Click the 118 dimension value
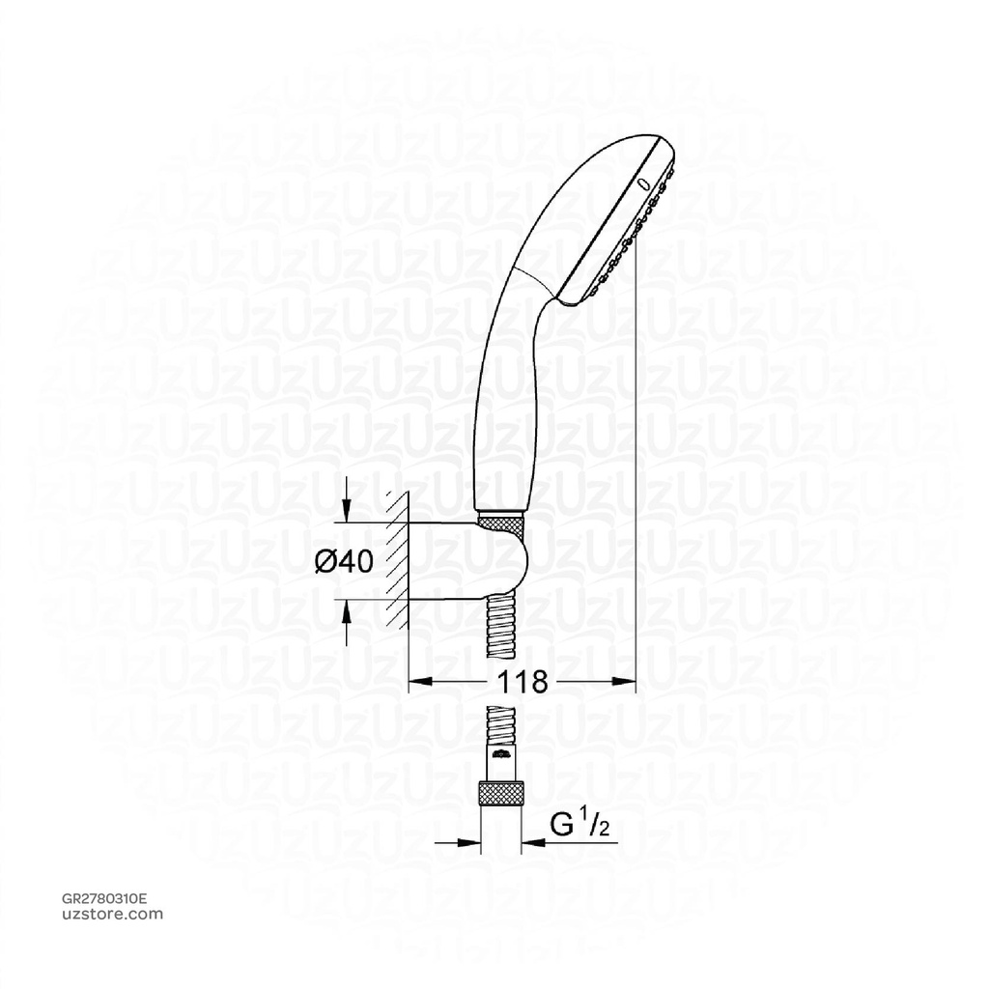(522, 683)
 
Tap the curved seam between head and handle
(533, 275)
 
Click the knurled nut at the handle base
(501, 523)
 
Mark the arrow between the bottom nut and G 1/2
(533, 842)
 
